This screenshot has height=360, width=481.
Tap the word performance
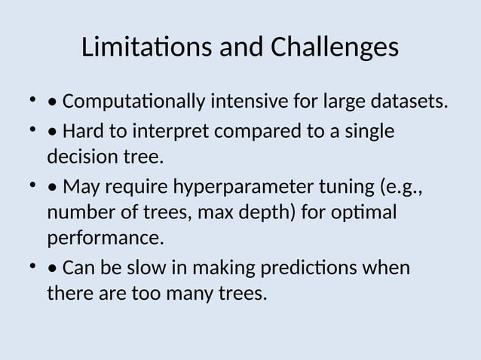(x=105, y=239)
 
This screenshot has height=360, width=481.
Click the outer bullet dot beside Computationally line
(x=32, y=99)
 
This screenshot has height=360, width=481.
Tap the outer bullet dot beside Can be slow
(x=32, y=267)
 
